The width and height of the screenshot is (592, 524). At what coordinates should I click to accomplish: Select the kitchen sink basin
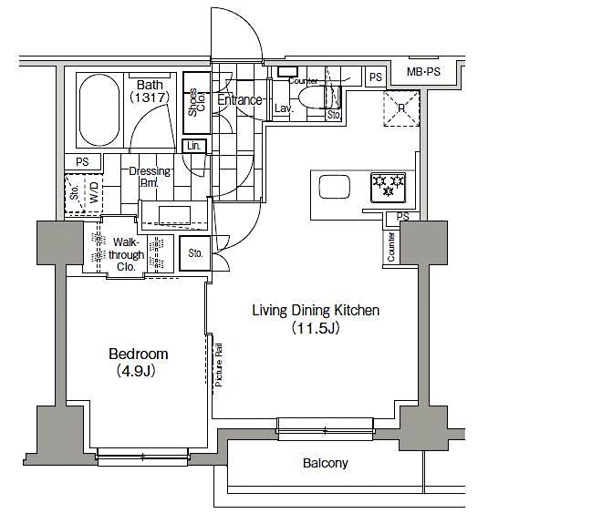[x=333, y=187]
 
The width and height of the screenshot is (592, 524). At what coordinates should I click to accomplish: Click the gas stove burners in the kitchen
[x=388, y=187]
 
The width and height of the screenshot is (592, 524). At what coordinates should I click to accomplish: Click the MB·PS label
[x=423, y=72]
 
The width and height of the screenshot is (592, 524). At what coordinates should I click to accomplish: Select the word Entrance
[x=241, y=100]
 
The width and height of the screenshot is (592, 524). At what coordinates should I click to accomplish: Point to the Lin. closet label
[x=193, y=146]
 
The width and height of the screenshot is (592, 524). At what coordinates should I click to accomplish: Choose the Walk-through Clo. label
[x=127, y=254]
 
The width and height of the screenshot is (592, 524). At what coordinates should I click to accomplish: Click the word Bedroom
[x=139, y=354]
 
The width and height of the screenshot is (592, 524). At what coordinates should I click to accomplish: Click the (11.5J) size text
[x=316, y=328]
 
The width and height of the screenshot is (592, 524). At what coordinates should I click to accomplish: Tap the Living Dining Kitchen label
[x=316, y=311]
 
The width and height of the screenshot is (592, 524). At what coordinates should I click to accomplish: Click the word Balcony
[x=325, y=463]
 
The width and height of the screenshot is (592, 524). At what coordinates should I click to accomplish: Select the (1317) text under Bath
[x=150, y=96]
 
